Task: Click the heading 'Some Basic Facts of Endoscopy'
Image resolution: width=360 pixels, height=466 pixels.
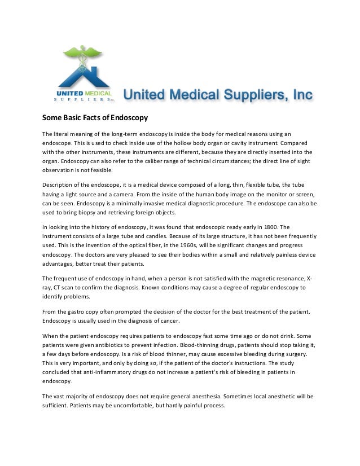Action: click(95, 118)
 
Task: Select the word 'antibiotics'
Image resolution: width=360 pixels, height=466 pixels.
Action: click(105, 345)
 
